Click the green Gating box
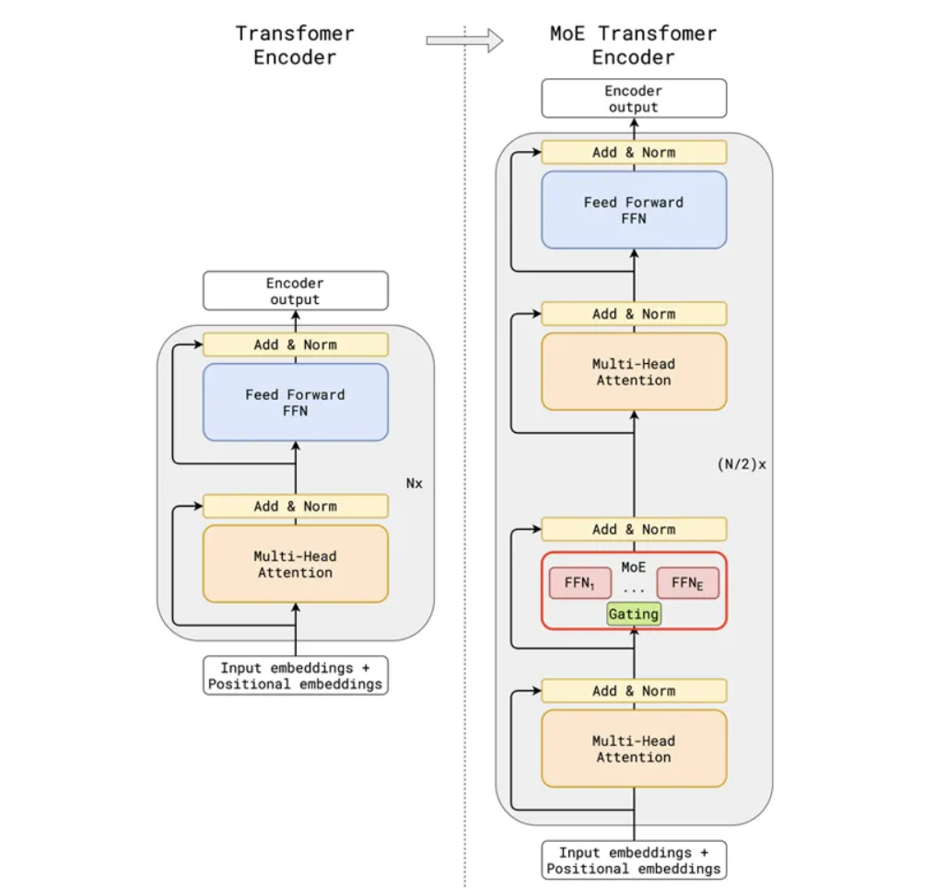[634, 613]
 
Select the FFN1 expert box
[579, 583]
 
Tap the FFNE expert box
[687, 583]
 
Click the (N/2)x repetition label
[742, 464]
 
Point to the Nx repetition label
[415, 484]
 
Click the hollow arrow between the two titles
[464, 41]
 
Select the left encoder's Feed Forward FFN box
[296, 403]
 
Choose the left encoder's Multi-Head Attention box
[296, 564]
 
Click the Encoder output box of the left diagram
[296, 290]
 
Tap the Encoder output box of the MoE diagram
[634, 98]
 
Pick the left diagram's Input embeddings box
[296, 675]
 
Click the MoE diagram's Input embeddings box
[634, 860]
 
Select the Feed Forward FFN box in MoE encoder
[634, 210]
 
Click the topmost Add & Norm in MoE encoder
[634, 152]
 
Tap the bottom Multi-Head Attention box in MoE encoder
[634, 749]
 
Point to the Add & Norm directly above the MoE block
[634, 529]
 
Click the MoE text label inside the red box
[634, 567]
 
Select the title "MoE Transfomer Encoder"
[633, 45]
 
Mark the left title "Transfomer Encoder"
[295, 45]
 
